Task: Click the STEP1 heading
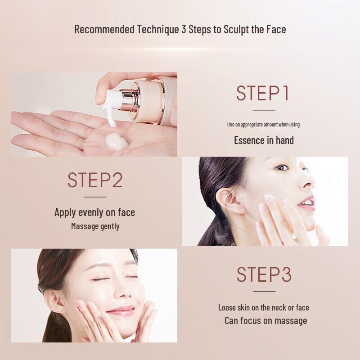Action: coord(262,93)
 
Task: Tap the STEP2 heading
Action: coord(95,180)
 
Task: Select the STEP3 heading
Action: coord(264,274)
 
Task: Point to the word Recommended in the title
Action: coord(104,29)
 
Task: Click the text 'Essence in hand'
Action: coord(264,140)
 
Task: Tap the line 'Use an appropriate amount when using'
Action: coord(263,125)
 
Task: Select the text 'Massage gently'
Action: coord(95,226)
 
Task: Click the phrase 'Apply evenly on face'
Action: coord(94,212)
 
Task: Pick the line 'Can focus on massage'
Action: coord(265,320)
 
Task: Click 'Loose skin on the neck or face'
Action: coord(264,308)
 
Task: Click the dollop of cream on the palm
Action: coord(116,141)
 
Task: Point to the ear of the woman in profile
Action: coord(229,201)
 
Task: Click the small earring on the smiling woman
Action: coord(63,311)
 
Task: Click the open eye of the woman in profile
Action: coord(282,167)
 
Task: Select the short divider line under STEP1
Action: coord(264,110)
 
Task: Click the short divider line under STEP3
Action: coord(264,291)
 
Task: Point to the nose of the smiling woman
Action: coord(123,292)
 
